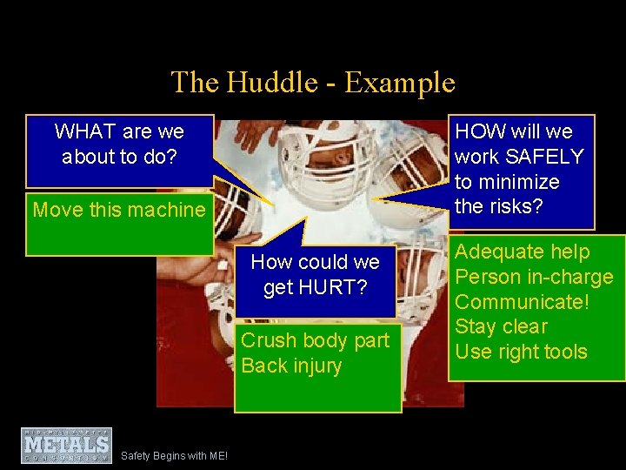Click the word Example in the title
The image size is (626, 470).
coord(399,83)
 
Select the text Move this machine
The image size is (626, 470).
coord(119,210)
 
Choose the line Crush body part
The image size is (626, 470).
coord(315,340)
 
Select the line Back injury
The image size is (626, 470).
coord(291,366)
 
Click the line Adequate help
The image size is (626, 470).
coord(522,252)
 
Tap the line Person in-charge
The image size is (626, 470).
coord(534,278)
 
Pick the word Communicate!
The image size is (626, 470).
coord(522,302)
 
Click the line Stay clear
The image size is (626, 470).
coord(502,327)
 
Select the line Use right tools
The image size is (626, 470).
coord(521,352)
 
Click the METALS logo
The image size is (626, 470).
coord(67,445)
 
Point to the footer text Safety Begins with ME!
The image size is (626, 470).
coord(174,455)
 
